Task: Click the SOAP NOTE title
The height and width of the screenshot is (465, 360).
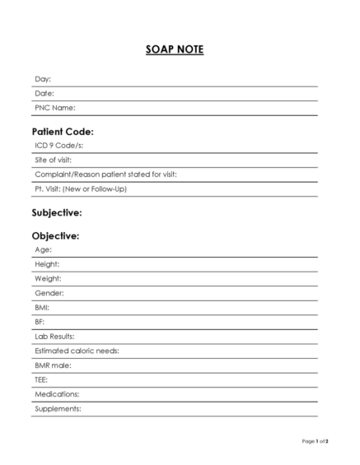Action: point(175,50)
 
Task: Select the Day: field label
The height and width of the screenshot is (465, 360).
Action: point(43,79)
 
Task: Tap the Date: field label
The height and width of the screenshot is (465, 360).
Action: point(44,93)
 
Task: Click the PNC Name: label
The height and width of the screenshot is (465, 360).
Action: point(55,108)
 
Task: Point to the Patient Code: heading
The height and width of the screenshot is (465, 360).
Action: point(63,131)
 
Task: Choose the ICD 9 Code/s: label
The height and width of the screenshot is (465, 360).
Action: point(59,146)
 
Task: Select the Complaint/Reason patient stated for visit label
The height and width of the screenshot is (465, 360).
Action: point(105,174)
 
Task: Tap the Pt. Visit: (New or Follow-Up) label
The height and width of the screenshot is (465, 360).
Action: point(81,188)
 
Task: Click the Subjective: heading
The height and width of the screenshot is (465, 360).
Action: point(57,212)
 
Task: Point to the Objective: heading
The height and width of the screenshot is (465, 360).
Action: point(55,236)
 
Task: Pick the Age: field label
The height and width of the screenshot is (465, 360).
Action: point(44,249)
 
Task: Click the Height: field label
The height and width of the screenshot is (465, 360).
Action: point(47,264)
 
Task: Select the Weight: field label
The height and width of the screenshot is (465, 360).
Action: point(48,278)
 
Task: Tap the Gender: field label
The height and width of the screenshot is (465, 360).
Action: point(49,293)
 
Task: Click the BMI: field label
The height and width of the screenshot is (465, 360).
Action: point(43,307)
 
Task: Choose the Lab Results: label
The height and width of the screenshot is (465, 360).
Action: point(54,337)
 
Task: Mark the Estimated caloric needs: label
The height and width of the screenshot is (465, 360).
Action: point(77,351)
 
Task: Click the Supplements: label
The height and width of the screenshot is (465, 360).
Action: point(58,409)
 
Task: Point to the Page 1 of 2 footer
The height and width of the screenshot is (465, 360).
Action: point(316,442)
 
